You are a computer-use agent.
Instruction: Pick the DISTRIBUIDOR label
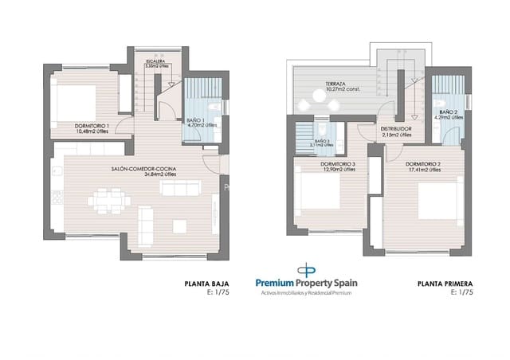(x=396, y=129)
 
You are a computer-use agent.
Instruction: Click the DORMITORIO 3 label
(x=338, y=164)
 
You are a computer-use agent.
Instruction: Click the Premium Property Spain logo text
(x=308, y=282)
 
